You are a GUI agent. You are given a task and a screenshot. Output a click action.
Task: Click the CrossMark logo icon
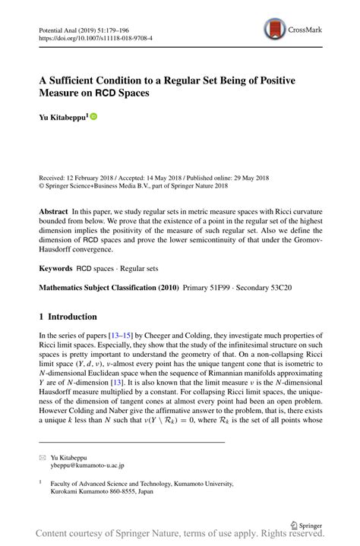pyautogui.click(x=273, y=30)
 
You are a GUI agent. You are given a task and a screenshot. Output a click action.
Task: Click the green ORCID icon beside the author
pyautogui.click(x=94, y=117)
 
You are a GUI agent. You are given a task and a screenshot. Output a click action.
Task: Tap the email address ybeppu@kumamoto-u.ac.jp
pyautogui.click(x=86, y=466)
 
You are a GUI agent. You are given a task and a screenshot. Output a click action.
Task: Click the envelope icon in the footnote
pyautogui.click(x=42, y=458)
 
